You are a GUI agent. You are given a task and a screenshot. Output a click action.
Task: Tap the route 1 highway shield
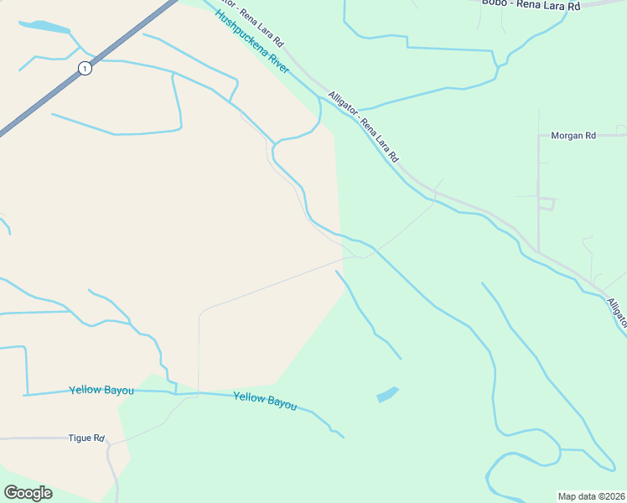85,69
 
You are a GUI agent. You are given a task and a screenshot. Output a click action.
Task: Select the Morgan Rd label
573,135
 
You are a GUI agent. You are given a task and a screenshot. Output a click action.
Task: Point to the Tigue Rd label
86,438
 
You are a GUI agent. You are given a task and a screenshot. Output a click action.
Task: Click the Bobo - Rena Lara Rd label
531,5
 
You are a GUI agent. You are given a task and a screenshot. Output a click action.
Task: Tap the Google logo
28,493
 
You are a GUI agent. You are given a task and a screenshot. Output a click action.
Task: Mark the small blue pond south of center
386,394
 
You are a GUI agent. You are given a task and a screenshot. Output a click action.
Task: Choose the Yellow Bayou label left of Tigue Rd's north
97,390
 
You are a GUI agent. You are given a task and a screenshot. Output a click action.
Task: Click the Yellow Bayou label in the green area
265,402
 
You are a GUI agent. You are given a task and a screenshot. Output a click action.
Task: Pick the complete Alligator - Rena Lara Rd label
363,126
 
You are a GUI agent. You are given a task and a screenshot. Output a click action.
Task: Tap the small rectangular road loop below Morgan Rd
547,204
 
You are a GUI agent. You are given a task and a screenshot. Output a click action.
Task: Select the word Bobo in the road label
493,3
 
